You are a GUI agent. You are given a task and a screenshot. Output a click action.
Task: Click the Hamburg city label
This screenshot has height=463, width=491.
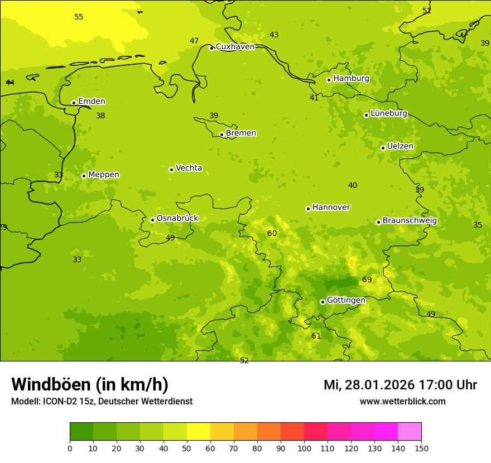pos(351,79)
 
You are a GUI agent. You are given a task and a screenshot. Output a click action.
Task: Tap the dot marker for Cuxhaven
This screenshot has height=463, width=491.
pos(211,48)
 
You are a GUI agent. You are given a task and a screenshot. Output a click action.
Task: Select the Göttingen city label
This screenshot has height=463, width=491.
pos(346,300)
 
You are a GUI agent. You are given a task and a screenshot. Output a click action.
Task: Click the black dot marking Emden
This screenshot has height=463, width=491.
pos(74,103)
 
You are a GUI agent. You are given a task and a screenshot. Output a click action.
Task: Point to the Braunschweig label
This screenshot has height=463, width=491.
pos(410,221)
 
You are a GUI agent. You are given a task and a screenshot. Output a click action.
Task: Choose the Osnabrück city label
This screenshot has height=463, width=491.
pos(177,218)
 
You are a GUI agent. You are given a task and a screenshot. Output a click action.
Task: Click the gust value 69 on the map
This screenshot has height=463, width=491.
pos(367,280)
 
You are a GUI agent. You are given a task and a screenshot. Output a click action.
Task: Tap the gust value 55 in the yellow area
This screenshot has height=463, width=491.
pos(79,17)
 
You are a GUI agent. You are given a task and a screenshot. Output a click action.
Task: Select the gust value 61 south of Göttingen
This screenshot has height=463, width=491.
pos(316,336)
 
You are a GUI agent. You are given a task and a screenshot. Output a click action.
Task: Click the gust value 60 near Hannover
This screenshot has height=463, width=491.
pos(272,234)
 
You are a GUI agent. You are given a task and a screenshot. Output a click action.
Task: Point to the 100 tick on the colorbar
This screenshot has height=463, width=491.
pos(304,447)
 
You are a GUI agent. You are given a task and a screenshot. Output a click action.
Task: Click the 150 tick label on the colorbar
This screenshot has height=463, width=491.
pos(421,447)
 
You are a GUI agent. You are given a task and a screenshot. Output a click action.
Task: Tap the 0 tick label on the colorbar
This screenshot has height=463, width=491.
pos(70,447)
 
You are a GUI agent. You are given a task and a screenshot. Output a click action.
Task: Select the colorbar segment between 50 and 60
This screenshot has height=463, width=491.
pos(199,432)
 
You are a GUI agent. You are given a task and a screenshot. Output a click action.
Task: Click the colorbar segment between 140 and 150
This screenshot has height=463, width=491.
pos(410,432)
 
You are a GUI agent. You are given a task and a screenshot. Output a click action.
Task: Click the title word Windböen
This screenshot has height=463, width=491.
pos(51,384)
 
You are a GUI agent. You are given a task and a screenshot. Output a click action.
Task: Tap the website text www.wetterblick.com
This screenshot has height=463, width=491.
pos(402,402)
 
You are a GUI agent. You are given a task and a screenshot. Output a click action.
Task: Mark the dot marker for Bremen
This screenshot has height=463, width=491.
pos(222,134)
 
